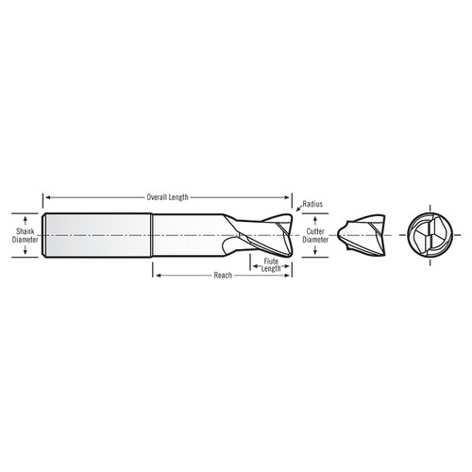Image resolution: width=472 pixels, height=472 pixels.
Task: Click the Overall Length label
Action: coord(168,197)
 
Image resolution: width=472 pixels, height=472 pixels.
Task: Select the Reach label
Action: coord(223,276)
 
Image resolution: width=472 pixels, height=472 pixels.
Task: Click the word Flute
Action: coord(272,261)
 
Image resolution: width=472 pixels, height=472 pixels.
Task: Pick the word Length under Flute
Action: coord(272,269)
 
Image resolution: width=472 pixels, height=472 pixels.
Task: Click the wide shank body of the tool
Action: coord(100,235)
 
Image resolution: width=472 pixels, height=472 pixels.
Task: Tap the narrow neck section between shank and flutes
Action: coord(194,235)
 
